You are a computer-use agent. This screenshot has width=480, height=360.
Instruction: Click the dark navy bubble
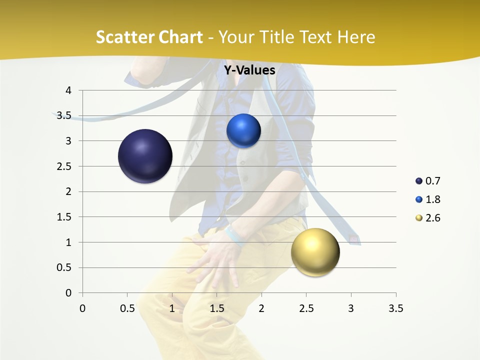click(x=145, y=156)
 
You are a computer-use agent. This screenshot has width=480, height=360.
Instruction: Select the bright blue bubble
click(x=243, y=130)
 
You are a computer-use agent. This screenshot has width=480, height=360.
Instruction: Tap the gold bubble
click(x=315, y=252)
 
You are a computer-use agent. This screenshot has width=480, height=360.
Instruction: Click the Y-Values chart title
click(x=249, y=70)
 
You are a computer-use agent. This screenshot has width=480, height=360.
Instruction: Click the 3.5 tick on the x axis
click(x=395, y=308)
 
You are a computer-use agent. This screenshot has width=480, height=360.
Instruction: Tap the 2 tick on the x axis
click(x=261, y=308)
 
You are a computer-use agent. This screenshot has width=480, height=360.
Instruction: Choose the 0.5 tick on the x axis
click(x=127, y=308)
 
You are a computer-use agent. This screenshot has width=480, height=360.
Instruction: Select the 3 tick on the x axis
click(x=351, y=308)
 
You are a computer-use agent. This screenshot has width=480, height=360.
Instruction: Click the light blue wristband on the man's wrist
click(x=234, y=236)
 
